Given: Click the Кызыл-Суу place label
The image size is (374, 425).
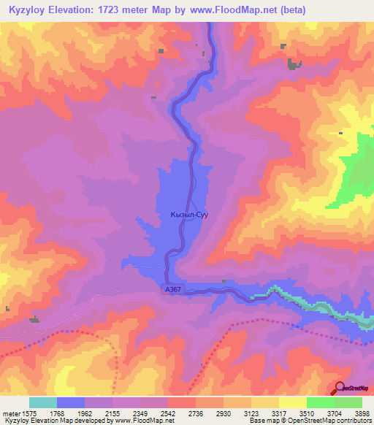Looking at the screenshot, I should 189,215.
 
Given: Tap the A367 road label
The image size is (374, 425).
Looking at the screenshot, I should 172,290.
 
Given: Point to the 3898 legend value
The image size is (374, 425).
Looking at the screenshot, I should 363,413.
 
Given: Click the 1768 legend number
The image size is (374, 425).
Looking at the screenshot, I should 56,413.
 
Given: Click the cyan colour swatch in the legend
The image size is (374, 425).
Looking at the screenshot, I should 42,402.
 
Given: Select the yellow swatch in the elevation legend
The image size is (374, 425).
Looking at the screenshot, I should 292,402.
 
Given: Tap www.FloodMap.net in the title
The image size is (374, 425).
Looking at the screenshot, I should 227,9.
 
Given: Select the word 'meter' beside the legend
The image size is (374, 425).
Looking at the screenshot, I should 10,413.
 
